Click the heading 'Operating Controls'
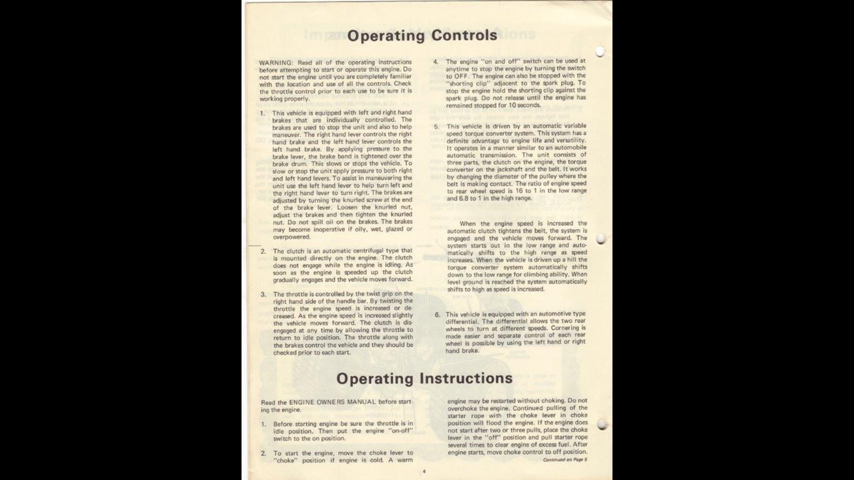[422, 35]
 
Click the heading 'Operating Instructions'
[424, 379]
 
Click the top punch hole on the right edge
[600, 51]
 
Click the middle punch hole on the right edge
[600, 239]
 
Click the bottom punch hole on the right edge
[602, 424]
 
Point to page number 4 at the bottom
[424, 471]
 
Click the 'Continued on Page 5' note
[564, 460]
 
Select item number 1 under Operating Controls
[262, 113]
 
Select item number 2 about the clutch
[263, 251]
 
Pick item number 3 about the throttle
[263, 294]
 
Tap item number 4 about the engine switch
[436, 61]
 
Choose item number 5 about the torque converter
[436, 126]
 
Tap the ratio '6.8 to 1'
[462, 199]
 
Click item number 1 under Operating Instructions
[263, 424]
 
